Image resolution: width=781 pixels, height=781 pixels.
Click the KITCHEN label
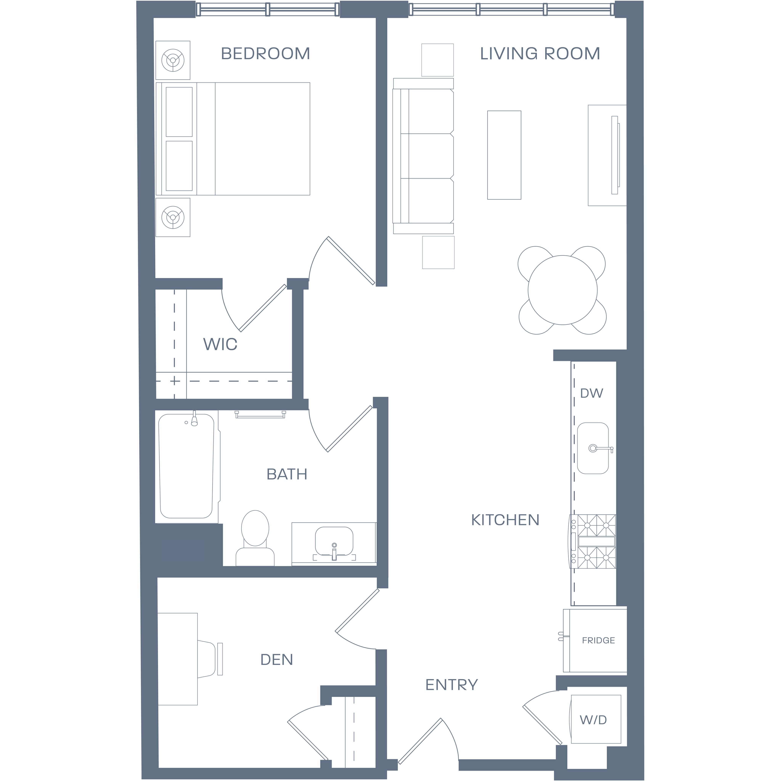[x=505, y=520]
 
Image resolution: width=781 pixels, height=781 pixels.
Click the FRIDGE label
[x=598, y=640]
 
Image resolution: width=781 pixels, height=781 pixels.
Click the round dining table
[x=562, y=290]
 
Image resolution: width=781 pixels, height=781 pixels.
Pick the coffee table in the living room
[x=504, y=155]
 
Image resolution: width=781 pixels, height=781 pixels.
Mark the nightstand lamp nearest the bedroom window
[x=173, y=60]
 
